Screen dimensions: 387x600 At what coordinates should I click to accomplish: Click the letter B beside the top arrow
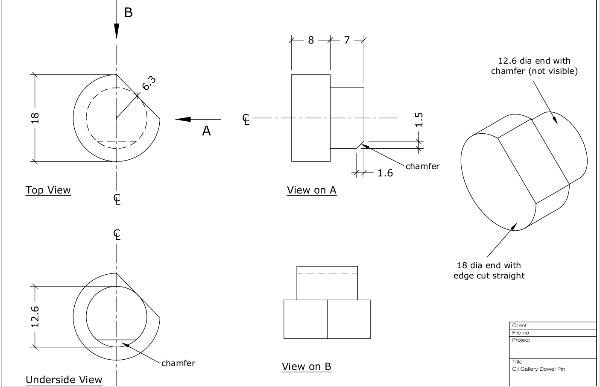click(x=129, y=13)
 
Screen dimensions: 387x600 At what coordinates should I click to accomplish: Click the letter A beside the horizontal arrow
click(x=206, y=131)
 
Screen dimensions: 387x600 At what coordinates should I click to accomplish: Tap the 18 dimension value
click(x=35, y=118)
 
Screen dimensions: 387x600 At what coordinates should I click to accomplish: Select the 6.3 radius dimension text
click(x=149, y=83)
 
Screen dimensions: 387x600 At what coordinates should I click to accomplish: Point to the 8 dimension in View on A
click(x=310, y=40)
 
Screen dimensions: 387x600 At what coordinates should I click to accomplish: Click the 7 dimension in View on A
click(x=347, y=40)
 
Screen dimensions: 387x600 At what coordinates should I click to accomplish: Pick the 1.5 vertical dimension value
click(x=419, y=120)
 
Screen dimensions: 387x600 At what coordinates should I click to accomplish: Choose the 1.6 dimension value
click(x=385, y=173)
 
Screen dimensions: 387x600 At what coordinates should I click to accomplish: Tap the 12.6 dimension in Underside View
click(x=35, y=317)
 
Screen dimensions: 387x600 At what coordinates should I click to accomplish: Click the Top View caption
click(x=48, y=190)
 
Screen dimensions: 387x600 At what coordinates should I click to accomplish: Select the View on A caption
click(x=312, y=190)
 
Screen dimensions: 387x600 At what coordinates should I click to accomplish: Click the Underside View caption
click(x=64, y=380)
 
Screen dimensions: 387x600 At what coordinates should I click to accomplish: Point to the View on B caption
click(x=307, y=366)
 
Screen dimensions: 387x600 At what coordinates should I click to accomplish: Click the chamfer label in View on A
click(x=422, y=167)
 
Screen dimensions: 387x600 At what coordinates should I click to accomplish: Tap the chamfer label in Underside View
click(x=178, y=363)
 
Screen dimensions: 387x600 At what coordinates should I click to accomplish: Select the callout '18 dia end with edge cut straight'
click(x=489, y=270)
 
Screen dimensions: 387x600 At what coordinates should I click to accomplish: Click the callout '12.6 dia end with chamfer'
click(x=534, y=66)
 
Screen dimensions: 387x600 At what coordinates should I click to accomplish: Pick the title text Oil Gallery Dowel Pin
click(x=539, y=369)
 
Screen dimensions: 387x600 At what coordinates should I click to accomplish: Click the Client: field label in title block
click(x=520, y=325)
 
